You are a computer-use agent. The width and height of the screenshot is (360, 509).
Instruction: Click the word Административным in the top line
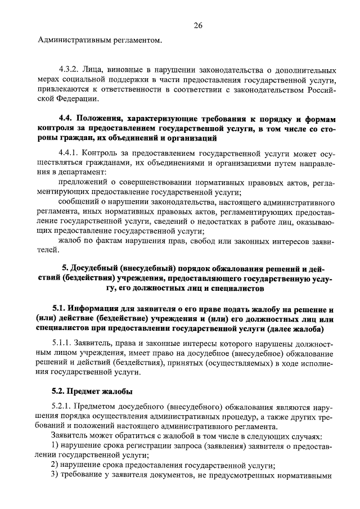(72, 40)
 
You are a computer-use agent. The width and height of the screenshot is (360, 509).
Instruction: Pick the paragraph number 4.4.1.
(68, 152)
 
